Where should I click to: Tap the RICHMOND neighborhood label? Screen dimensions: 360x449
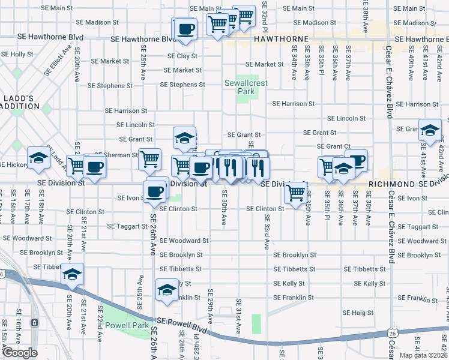click(x=391, y=184)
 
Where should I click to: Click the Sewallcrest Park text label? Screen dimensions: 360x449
click(x=240, y=87)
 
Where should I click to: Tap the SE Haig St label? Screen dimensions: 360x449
click(x=358, y=313)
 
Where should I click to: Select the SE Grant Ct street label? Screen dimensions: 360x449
click(x=334, y=146)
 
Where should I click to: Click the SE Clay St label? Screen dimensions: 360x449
click(x=182, y=56)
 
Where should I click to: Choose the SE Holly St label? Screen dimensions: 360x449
click(x=17, y=54)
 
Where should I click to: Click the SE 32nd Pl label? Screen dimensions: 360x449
click(x=265, y=15)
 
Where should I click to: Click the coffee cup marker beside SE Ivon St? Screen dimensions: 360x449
click(x=156, y=191)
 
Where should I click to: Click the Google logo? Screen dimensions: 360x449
click(x=20, y=353)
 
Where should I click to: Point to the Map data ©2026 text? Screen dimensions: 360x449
click(x=424, y=355)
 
